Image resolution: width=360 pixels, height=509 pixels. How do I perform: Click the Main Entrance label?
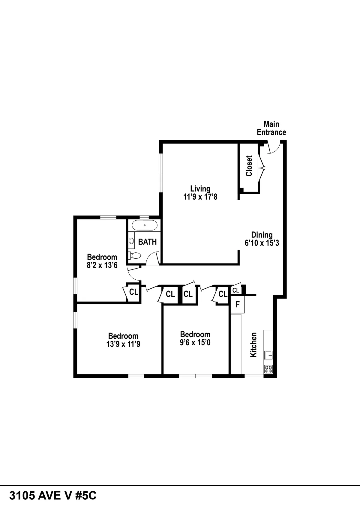pos(271,128)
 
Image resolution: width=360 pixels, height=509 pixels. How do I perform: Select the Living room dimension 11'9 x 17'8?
pos(200,197)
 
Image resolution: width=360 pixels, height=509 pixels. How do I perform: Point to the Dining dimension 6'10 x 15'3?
pos(262,243)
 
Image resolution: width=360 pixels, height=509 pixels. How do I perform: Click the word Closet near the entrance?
pos(249,166)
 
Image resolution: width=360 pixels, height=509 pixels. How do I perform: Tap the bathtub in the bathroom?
pos(145,225)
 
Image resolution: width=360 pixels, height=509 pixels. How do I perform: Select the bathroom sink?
pos(131,241)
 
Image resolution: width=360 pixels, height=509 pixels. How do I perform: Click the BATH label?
pos(147,242)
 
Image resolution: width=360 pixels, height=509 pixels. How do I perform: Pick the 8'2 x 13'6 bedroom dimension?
pos(102,265)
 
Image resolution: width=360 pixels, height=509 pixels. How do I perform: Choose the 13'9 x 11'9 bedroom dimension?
pos(123,344)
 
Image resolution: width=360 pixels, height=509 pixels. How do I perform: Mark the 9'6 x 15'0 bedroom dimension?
pos(195,342)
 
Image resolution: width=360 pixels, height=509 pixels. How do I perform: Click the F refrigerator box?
pos(238,305)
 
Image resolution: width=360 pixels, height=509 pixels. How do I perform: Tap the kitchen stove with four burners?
pos(268,369)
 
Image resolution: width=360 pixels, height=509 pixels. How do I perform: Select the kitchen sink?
pos(268,356)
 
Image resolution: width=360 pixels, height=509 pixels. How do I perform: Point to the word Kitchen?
pos(253,344)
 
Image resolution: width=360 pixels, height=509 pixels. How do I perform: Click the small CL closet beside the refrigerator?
pos(236,290)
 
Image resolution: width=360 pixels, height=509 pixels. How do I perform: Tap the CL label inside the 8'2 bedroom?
pos(133,292)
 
